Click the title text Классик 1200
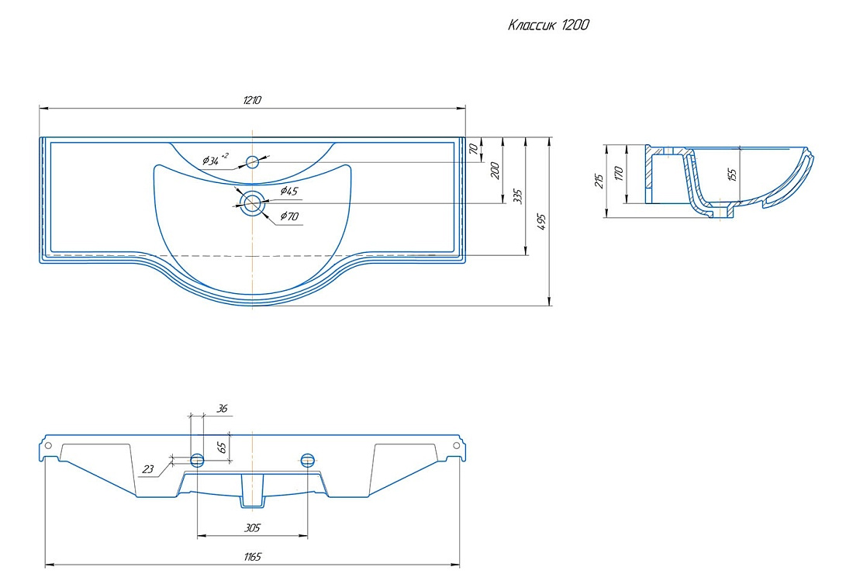548,25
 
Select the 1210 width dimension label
252,100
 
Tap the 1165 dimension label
253,556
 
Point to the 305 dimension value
253,527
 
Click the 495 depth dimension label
541,222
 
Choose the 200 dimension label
495,171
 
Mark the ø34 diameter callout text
216,160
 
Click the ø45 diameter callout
289,191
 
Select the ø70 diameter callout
289,216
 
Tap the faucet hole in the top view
253,161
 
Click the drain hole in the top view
253,203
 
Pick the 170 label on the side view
618,174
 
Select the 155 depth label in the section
732,175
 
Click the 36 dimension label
222,408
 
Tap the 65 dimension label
222,448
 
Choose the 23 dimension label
148,469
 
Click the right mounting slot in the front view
308,461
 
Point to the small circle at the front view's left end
48,446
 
